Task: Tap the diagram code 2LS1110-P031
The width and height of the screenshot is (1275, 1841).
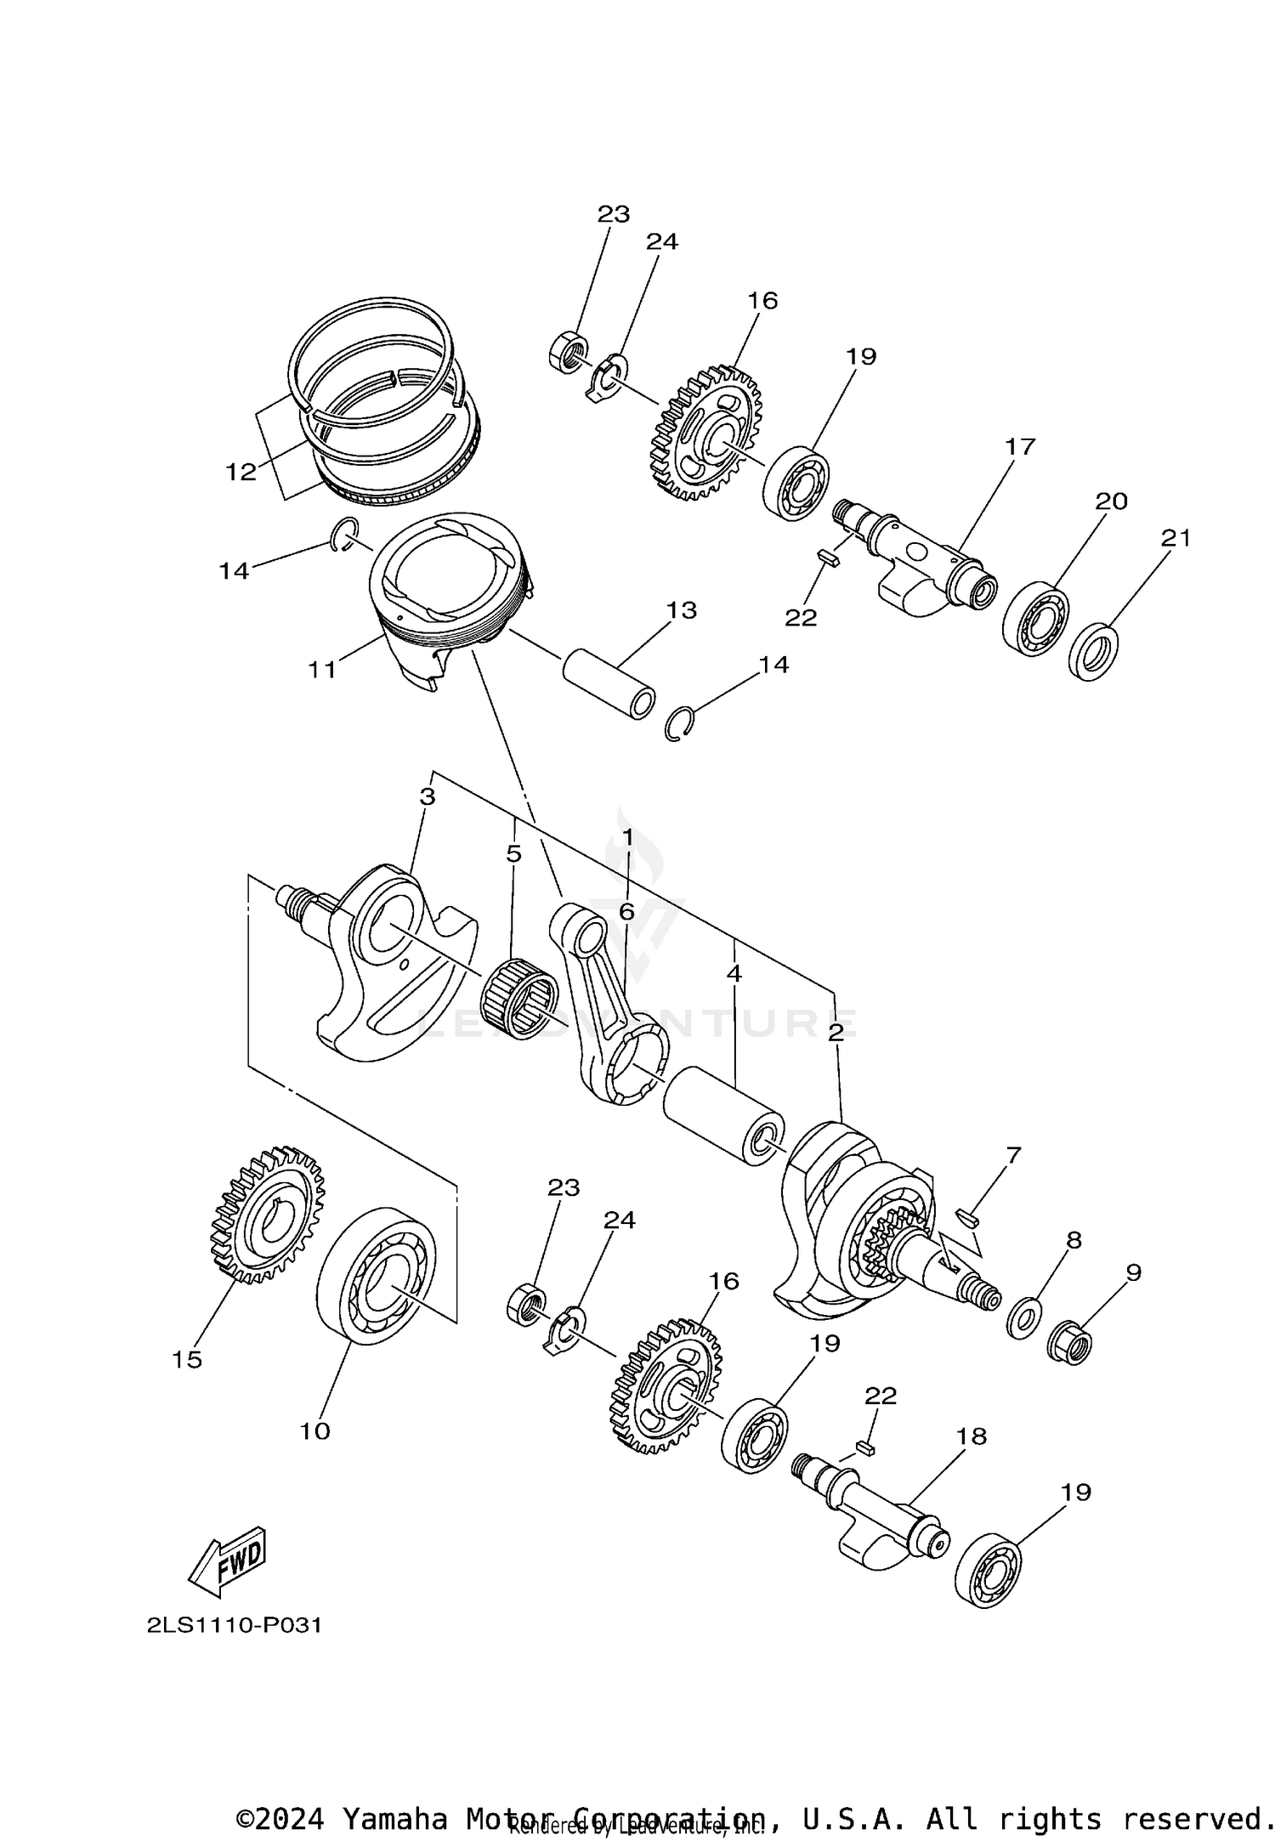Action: [x=234, y=1626]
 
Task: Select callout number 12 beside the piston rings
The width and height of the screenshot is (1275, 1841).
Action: [x=241, y=471]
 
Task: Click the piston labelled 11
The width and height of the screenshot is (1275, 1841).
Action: [x=442, y=595]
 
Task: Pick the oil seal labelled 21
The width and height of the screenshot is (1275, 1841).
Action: [x=1093, y=652]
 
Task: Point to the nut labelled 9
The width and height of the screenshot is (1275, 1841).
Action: [x=1073, y=1345]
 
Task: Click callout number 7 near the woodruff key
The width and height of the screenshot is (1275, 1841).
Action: [x=1012, y=1155]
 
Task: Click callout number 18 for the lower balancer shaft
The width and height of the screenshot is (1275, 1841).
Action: [x=971, y=1436]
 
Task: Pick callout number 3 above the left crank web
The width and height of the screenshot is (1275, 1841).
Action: [x=428, y=796]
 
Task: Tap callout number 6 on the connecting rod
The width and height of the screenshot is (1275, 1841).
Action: [x=626, y=912]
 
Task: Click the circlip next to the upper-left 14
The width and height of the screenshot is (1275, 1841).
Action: [x=344, y=534]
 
